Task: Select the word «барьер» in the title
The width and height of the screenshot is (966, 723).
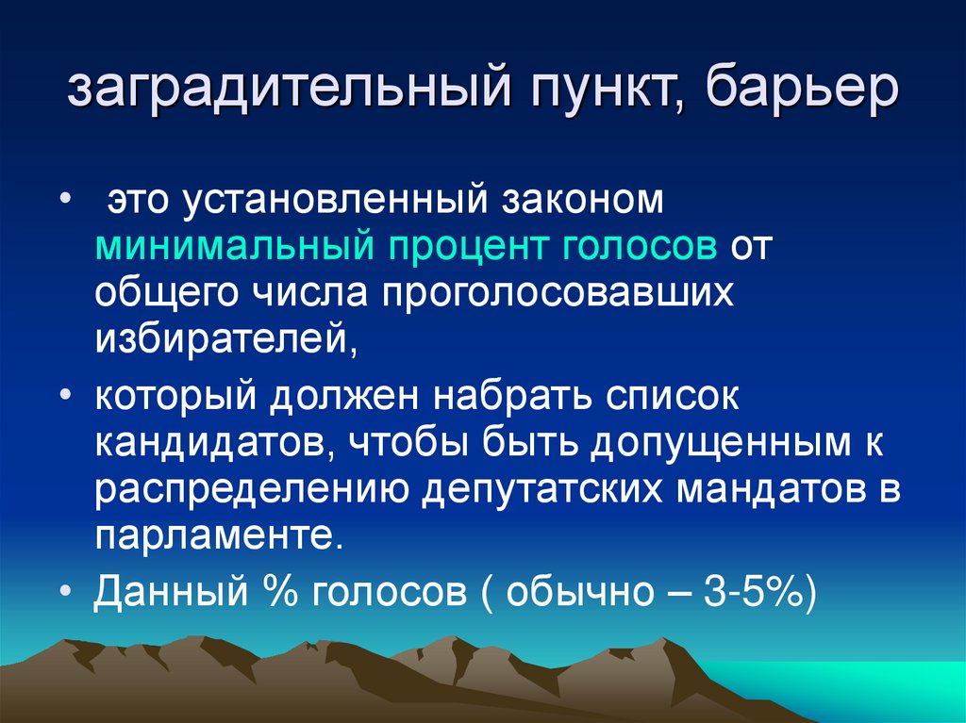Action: coord(800,92)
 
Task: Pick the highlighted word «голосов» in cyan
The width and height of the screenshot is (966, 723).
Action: coord(642,248)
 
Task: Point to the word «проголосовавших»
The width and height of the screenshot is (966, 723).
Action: coord(558,293)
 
